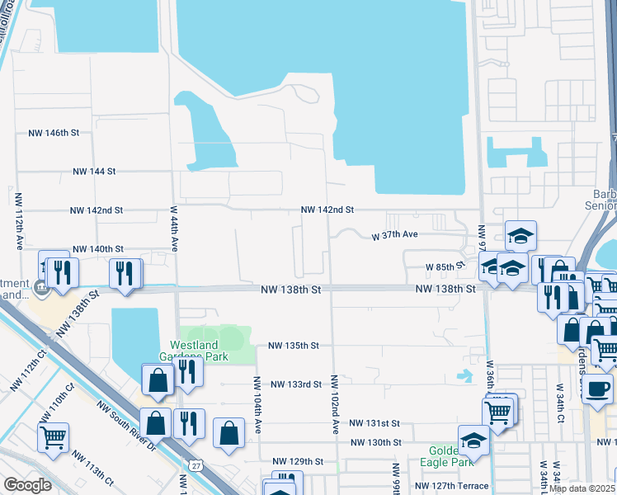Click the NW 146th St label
54,132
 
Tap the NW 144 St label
94,172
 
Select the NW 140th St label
97,248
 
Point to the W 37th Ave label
395,235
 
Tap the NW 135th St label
294,346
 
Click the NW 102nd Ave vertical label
336,404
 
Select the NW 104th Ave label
257,404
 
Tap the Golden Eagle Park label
450,457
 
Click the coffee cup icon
597,388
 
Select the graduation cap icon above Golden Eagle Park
474,440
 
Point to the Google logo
27,485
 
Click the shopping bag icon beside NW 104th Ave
229,432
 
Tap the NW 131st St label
374,423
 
